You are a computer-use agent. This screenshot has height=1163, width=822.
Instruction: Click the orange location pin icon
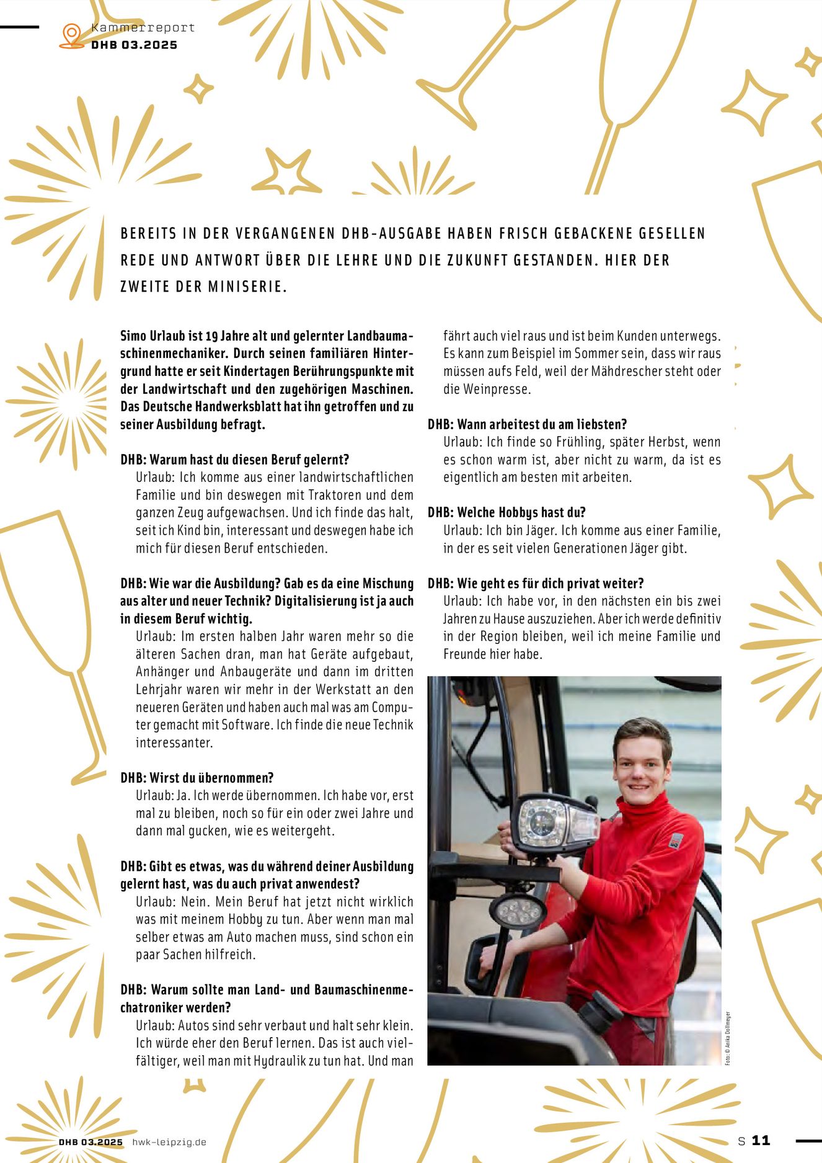(72, 35)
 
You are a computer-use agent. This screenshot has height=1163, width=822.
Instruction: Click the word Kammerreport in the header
(143, 28)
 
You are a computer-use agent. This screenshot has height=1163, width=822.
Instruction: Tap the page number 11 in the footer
(761, 1140)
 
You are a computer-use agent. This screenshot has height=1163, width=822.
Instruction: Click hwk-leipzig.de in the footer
(169, 1142)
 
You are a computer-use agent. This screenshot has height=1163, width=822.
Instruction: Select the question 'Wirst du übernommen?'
(197, 778)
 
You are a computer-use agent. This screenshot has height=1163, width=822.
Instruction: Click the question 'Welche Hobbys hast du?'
(506, 512)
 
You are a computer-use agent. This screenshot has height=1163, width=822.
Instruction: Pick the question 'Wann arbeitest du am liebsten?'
(527, 424)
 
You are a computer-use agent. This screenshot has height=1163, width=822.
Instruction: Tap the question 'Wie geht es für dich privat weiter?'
(536, 584)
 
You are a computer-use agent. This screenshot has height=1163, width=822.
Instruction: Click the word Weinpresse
(486, 390)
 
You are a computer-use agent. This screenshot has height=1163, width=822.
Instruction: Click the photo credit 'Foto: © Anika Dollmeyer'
(728, 1038)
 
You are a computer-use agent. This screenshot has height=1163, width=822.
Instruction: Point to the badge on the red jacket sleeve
(675, 841)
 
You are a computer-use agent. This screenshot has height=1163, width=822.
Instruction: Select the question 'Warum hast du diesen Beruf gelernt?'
(235, 460)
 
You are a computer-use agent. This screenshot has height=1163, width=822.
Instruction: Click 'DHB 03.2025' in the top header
(134, 45)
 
